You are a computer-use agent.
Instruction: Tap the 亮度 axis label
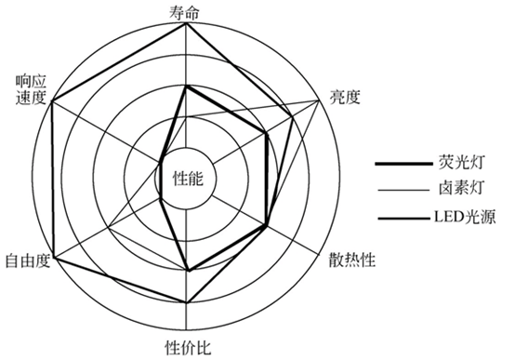(346, 95)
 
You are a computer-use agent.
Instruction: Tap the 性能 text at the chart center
(189, 178)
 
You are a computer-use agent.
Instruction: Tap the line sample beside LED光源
(398, 220)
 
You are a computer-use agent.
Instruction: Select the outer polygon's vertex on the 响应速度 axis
(52, 100)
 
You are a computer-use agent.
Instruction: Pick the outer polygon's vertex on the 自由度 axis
(52, 255)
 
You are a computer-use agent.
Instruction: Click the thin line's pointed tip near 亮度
(322, 100)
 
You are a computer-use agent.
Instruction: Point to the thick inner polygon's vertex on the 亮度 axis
(268, 132)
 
